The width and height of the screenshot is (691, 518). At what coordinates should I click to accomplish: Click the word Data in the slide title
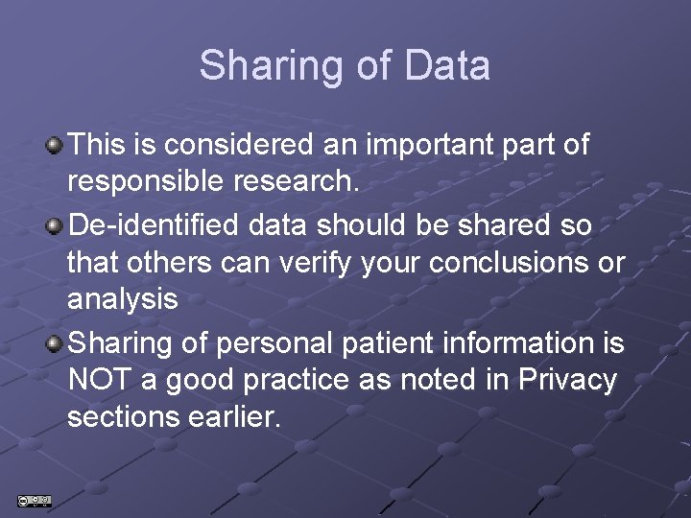[448, 66]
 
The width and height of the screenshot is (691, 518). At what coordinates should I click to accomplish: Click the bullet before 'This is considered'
[56, 146]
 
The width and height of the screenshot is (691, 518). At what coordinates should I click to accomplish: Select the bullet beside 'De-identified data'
[56, 225]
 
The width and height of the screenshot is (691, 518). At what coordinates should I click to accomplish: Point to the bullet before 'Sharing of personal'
[56, 341]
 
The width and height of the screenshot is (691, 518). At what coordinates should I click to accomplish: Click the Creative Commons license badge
[34, 500]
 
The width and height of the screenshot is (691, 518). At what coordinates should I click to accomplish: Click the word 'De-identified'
[155, 225]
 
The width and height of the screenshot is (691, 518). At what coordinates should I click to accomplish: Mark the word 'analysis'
[123, 300]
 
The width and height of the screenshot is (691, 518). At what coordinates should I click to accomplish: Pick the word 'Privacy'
[567, 380]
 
